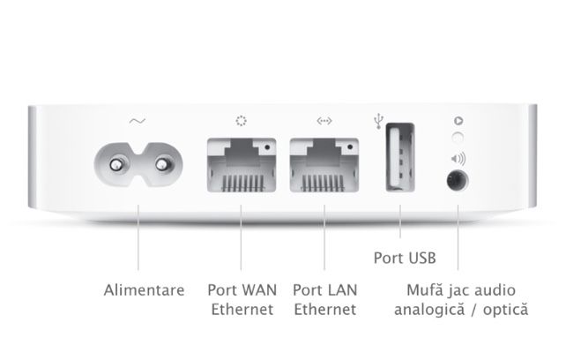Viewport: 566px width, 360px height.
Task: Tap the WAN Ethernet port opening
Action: (x=241, y=169)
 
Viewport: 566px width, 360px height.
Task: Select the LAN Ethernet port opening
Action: (x=324, y=169)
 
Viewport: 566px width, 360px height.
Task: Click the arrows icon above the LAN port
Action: (x=324, y=121)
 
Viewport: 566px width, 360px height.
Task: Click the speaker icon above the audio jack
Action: (x=458, y=160)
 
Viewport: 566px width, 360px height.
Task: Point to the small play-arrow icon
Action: (x=457, y=120)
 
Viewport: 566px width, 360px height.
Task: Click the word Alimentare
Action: (x=145, y=289)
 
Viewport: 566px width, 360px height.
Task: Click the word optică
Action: (x=504, y=310)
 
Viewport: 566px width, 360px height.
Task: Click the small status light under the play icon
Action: (x=457, y=137)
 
